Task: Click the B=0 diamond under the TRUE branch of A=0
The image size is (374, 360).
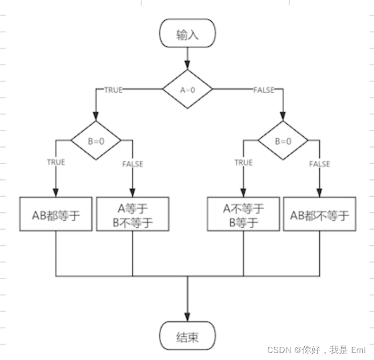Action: [x=96, y=140]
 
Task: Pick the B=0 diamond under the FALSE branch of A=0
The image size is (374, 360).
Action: [x=282, y=140]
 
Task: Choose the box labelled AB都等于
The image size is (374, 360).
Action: [x=56, y=215]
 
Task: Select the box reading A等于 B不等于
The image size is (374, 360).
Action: [x=133, y=215]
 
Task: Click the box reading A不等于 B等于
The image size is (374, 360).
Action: [x=243, y=215]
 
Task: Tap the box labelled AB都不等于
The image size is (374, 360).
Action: [x=319, y=215]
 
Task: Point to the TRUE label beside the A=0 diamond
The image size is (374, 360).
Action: [x=113, y=90]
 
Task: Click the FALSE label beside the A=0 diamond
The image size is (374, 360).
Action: [x=264, y=90]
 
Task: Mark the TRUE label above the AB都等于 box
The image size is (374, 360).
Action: [x=56, y=163]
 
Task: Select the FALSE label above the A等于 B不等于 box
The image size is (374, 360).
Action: [x=133, y=164]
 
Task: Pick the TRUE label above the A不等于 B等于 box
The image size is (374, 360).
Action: [x=243, y=163]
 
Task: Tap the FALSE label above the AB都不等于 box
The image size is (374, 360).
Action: [x=319, y=164]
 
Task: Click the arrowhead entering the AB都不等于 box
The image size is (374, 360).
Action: [x=319, y=193]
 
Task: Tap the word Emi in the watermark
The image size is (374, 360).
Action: [x=358, y=350]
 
